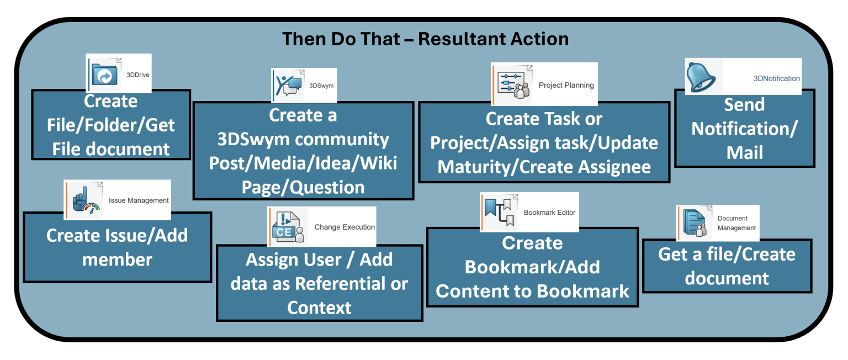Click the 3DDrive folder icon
[x=104, y=75]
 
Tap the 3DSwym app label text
[x=321, y=86]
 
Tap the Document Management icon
[x=695, y=224]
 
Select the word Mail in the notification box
[x=745, y=152]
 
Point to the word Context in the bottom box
[x=319, y=308]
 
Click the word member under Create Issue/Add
[x=118, y=260]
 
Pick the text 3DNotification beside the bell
[x=776, y=78]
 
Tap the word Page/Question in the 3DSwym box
[x=303, y=188]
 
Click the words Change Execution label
[x=344, y=227]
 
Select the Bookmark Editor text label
[x=549, y=213]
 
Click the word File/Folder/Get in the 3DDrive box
[x=110, y=125]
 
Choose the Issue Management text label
[x=139, y=200]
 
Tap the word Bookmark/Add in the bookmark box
[x=532, y=267]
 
